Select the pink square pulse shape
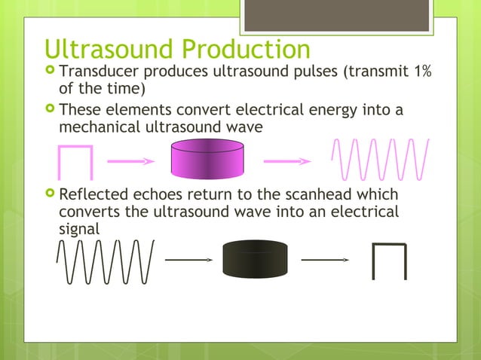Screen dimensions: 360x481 (x=75, y=162)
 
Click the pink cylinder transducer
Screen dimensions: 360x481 (x=206, y=159)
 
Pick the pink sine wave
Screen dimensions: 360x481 (x=380, y=159)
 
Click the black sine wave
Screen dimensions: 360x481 (x=105, y=261)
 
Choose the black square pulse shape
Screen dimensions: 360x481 (x=389, y=261)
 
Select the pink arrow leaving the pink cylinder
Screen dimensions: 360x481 (x=286, y=160)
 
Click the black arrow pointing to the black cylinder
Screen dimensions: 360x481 (x=188, y=260)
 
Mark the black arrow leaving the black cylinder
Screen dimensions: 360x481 (x=325, y=260)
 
